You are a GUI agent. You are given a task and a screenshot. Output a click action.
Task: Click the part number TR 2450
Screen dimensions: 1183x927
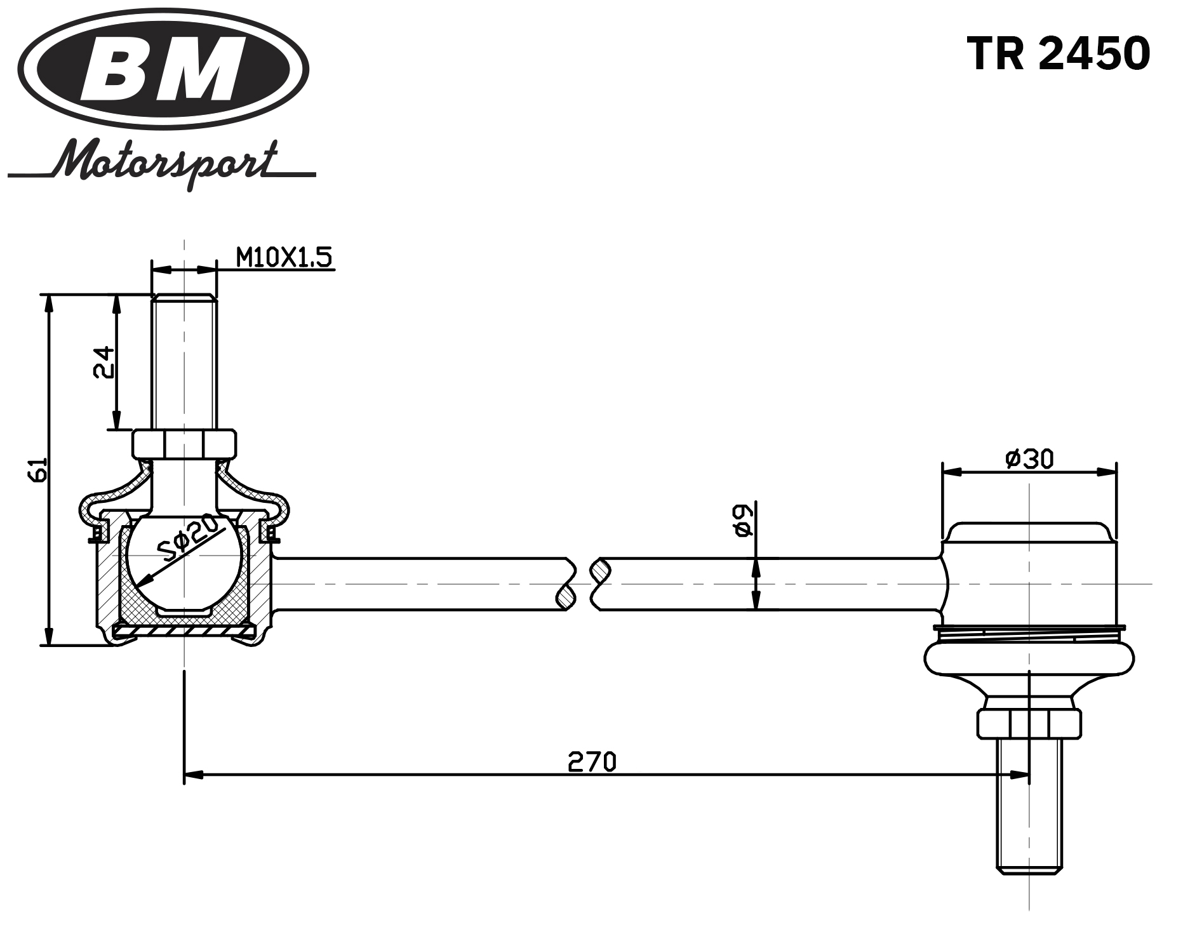point(1058,53)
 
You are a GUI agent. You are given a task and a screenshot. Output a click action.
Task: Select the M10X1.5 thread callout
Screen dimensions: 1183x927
point(283,258)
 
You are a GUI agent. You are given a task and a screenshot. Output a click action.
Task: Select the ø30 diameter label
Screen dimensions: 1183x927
point(1029,458)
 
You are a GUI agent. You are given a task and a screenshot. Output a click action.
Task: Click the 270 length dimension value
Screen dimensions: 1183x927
point(592,761)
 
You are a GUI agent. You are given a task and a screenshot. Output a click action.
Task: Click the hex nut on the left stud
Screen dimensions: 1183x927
point(184,443)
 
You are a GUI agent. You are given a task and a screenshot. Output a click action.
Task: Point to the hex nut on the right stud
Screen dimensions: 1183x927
point(1028,723)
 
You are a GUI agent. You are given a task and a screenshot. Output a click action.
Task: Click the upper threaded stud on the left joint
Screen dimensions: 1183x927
point(184,362)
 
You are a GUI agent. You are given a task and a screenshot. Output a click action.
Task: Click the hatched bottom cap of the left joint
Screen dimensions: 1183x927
point(184,632)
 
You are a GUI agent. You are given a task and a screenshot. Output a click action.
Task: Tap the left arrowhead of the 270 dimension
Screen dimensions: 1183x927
point(193,775)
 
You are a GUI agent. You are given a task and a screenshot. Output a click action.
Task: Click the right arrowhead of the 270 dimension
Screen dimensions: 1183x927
point(1020,775)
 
